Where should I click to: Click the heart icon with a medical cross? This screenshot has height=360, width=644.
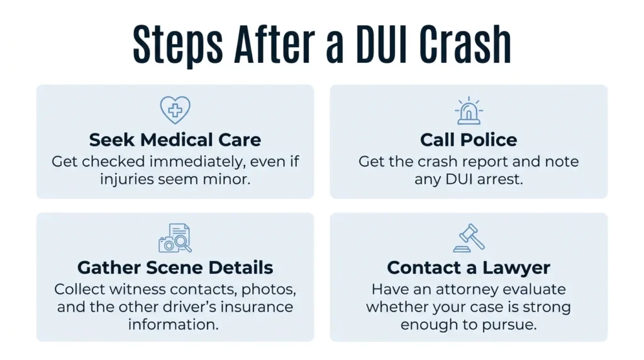tap(175, 110)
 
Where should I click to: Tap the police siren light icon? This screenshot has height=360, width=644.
tap(469, 111)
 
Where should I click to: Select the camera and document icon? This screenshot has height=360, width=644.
tap(175, 238)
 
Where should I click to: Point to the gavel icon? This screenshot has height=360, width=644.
tap(469, 238)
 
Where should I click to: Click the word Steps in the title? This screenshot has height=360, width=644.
tap(178, 45)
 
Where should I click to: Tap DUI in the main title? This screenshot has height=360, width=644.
tap(381, 44)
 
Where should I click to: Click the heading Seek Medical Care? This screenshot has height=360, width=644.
tap(175, 140)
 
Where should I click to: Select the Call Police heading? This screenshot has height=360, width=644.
tap(469, 140)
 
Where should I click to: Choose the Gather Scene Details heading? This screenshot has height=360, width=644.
tap(175, 267)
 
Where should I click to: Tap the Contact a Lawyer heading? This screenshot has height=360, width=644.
tap(469, 268)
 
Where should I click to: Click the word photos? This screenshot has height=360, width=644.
tap(269, 290)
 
